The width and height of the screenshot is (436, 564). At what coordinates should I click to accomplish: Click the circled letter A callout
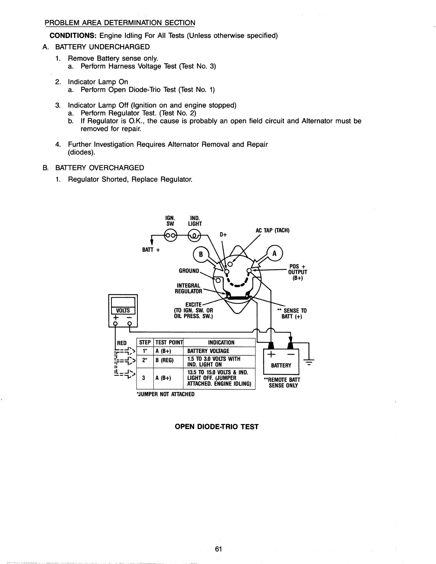coord(274,254)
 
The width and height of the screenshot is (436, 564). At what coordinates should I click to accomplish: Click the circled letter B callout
coord(201,254)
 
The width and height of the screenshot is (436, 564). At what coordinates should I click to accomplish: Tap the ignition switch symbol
coord(170,235)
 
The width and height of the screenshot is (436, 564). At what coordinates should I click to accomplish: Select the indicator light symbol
coord(194,235)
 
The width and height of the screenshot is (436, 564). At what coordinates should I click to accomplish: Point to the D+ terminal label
coord(223,235)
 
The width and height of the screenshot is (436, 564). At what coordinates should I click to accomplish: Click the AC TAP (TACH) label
coord(272,230)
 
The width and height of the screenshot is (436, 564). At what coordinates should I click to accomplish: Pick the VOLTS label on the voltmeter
coord(123,310)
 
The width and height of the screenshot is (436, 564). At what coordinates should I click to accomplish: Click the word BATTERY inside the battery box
coord(281,365)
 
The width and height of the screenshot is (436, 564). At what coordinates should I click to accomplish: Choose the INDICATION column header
coord(221,343)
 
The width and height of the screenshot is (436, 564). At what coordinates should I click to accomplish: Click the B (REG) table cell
coord(164,360)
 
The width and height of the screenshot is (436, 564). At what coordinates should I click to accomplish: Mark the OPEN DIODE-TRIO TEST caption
coord(217,427)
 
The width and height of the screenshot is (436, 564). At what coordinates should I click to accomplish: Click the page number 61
coord(218,539)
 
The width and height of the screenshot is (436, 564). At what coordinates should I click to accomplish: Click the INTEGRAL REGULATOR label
coord(189,288)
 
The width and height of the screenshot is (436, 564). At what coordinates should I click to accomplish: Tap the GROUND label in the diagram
coord(189,271)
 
